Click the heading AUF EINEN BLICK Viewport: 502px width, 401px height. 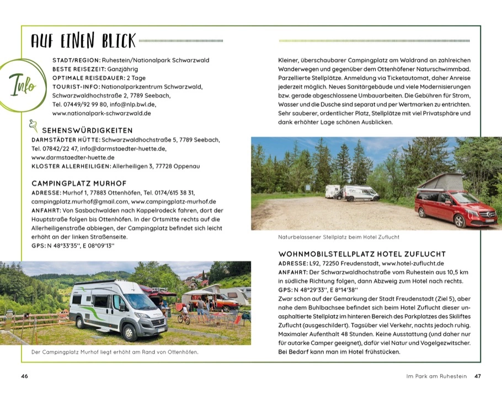(x=83, y=40)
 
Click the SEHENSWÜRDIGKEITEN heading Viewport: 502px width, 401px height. (x=87, y=131)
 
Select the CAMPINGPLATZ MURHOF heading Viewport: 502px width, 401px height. (x=79, y=183)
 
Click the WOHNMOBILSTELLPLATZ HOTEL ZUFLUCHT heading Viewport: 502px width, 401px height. (x=362, y=254)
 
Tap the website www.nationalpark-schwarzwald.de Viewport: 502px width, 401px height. (x=102, y=113)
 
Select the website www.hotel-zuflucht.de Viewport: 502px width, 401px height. (x=413, y=263)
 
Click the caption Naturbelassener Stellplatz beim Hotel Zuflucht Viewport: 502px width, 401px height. (x=339, y=237)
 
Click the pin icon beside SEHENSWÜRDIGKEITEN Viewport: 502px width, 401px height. (x=34, y=127)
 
